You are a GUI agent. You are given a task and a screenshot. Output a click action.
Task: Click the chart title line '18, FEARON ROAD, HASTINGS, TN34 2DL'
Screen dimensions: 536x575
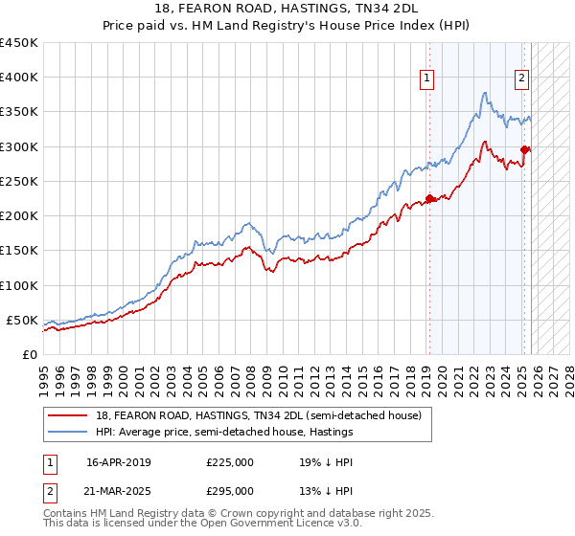pyautogui.click(x=287, y=9)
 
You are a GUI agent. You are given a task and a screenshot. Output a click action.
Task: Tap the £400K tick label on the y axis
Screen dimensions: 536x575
pyautogui.click(x=19, y=78)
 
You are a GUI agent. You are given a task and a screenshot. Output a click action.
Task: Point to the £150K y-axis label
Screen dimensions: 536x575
pyautogui.click(x=19, y=250)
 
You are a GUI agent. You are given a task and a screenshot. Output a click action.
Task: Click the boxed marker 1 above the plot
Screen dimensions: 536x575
pyautogui.click(x=425, y=79)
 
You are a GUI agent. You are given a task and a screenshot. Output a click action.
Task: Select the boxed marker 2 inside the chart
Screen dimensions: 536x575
pyautogui.click(x=521, y=79)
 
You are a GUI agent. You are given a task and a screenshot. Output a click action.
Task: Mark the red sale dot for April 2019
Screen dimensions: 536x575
pyautogui.click(x=429, y=199)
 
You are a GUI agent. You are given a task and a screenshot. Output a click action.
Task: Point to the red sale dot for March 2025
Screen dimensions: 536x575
pyautogui.click(x=524, y=149)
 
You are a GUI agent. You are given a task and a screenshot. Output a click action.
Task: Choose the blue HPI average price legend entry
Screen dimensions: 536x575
pyautogui.click(x=224, y=433)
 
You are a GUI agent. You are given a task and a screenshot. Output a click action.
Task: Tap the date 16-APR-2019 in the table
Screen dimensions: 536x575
pyautogui.click(x=118, y=462)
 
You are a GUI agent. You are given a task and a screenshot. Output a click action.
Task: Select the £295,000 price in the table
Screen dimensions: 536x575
pyautogui.click(x=229, y=491)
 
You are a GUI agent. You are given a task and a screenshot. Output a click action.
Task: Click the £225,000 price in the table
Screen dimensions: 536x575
pyautogui.click(x=229, y=462)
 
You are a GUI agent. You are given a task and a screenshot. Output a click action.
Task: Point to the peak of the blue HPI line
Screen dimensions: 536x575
pyautogui.click(x=485, y=93)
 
